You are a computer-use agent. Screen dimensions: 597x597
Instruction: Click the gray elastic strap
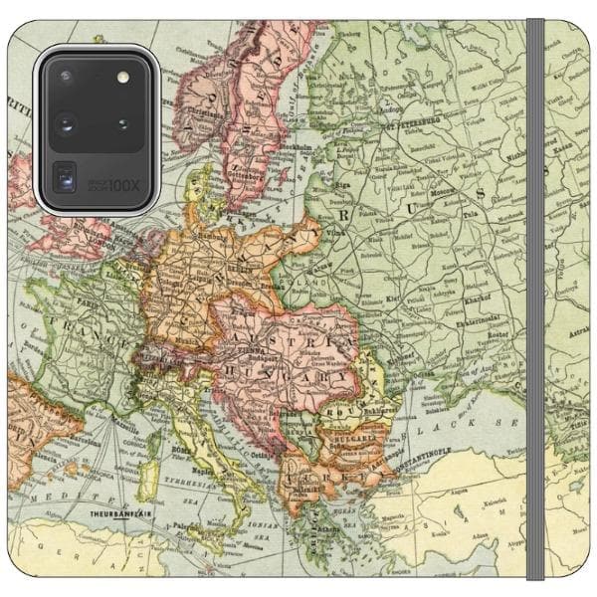[535, 298]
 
